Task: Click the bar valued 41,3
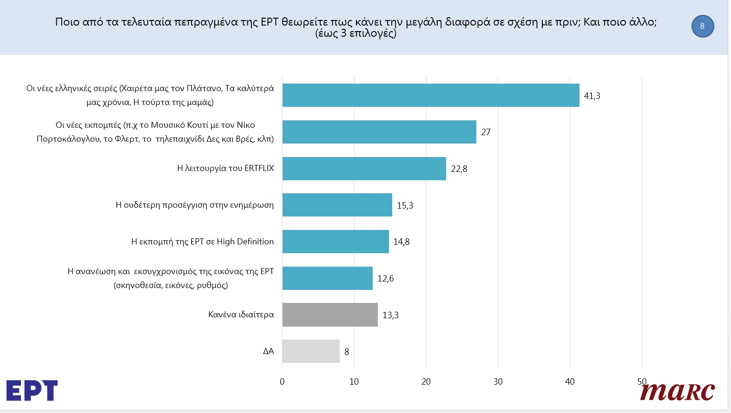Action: pos(431,95)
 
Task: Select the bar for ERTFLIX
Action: pos(364,169)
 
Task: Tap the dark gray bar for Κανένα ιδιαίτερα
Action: pos(330,315)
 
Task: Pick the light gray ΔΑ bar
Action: pos(311,351)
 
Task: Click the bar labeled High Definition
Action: pos(336,242)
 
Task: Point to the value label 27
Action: pos(486,132)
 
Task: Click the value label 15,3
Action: pos(405,205)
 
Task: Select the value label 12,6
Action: pos(385,279)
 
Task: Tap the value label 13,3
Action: pos(390,315)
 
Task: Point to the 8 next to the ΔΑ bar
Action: pos(347,352)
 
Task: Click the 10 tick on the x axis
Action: pos(354,382)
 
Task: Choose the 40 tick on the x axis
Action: pos(570,382)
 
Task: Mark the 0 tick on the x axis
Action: pos(282,382)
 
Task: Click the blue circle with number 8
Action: pos(702,26)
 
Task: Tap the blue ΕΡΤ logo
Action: pos(32,390)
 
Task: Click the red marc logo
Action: pos(677,392)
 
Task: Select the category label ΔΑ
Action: pos(269,351)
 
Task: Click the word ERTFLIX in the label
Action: pos(259,168)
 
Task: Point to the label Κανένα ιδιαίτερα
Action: pos(241,315)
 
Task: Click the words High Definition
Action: pos(245,242)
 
